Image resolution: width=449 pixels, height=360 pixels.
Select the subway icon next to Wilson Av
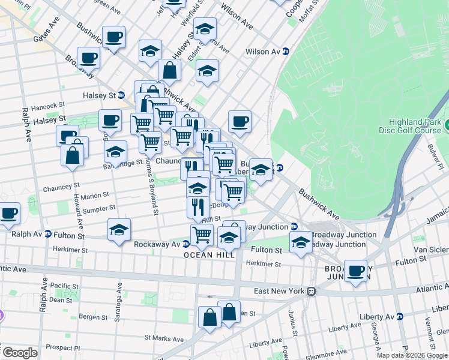point(286,52)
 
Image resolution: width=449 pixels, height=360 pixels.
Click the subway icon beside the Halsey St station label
point(121,95)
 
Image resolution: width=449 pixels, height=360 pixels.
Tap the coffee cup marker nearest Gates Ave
point(113,37)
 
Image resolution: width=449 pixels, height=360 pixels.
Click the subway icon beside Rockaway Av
point(186,244)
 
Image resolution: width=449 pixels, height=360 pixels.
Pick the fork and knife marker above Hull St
point(198,206)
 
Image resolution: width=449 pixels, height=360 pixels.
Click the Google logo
point(20,353)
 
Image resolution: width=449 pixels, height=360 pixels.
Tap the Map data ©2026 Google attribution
point(411,355)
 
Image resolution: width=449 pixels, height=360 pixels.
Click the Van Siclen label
point(430,248)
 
